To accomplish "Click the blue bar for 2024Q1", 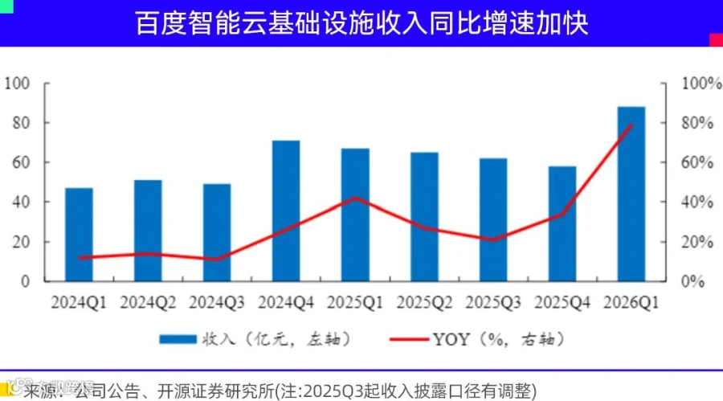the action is tap(79, 235).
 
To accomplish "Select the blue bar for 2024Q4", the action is tap(286, 211).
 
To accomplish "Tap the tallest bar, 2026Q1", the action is tap(631, 194).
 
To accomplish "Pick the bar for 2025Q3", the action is tap(493, 219).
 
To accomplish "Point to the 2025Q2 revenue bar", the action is tap(424, 217).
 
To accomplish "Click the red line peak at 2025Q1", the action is tap(355, 198).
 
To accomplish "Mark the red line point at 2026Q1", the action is tap(631, 124).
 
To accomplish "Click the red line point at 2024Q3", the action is tap(217, 259).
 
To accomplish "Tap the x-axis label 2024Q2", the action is tap(148, 303).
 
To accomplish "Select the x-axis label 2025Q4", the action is tap(562, 303).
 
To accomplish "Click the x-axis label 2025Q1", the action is tap(355, 303).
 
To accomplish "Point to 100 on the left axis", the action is tap(17, 84).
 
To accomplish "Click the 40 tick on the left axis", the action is tap(21, 203).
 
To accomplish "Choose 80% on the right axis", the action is tap(697, 123).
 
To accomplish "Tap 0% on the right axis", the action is tap(693, 281).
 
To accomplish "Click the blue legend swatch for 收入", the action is tap(178, 339).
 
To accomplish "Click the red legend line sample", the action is tap(409, 339).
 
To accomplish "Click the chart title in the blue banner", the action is tap(361, 23).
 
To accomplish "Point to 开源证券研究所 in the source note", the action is tap(216, 391).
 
